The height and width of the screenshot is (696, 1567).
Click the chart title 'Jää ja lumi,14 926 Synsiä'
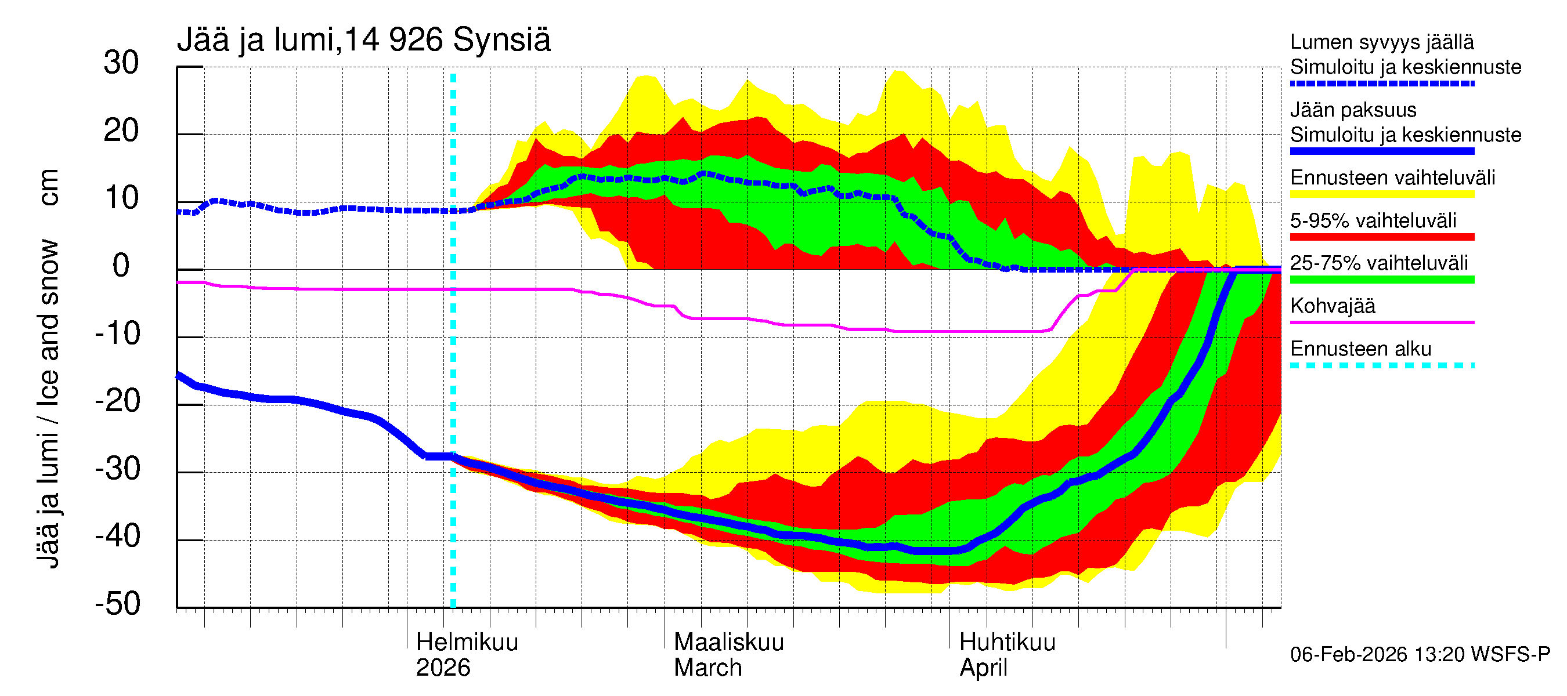pyautogui.click(x=363, y=40)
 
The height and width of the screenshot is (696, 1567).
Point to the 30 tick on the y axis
pyautogui.click(x=121, y=63)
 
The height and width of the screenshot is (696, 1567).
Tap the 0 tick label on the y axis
pyautogui.click(x=121, y=266)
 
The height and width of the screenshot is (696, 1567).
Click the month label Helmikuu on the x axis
pyautogui.click(x=467, y=642)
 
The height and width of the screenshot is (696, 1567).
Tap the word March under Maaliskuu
pyautogui.click(x=707, y=668)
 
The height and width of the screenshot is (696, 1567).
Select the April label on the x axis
pyautogui.click(x=983, y=668)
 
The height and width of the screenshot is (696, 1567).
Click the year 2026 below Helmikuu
pyautogui.click(x=443, y=668)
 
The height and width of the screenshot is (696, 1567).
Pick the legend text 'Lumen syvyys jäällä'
pyautogui.click(x=1381, y=42)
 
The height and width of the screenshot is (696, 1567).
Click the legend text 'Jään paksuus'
pyautogui.click(x=1353, y=110)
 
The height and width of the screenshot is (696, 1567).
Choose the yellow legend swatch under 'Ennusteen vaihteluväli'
pyautogui.click(x=1381, y=194)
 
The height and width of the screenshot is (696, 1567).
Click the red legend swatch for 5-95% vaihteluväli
pyautogui.click(x=1381, y=237)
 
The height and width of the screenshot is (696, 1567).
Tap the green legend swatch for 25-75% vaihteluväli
pyautogui.click(x=1381, y=280)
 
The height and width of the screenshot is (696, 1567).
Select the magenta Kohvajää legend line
pyautogui.click(x=1381, y=322)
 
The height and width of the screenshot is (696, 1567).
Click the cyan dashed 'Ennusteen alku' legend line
pyautogui.click(x=1381, y=365)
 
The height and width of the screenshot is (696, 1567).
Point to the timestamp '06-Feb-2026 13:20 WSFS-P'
pyautogui.click(x=1420, y=655)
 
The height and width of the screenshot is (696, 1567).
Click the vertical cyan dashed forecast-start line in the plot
pyautogui.click(x=453, y=365)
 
